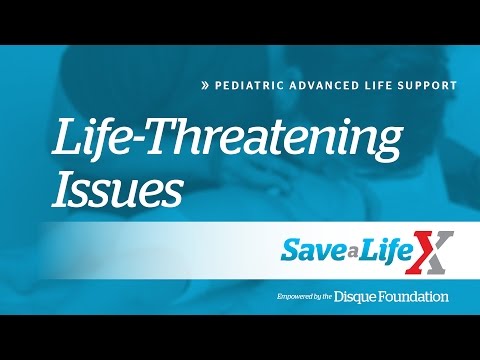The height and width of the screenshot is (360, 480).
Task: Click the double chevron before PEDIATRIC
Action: pos(204,86)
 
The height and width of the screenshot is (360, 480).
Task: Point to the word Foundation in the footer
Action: pos(418,296)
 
